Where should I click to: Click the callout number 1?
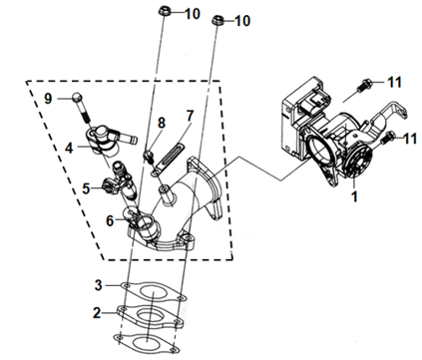coord(354,195)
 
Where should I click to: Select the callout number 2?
coord(97,313)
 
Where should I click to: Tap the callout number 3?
coord(98,285)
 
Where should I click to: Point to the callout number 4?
coord(69,148)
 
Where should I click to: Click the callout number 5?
coord(86,188)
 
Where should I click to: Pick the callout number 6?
coord(110,220)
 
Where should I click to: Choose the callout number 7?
coord(190,116)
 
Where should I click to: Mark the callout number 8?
coord(162,123)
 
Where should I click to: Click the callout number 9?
coord(48,99)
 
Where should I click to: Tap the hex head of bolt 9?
coord(77,98)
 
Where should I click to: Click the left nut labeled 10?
coord(164,11)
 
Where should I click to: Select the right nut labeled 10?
coord(217,20)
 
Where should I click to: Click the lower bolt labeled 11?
coord(388,138)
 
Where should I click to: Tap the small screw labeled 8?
coord(148,157)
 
